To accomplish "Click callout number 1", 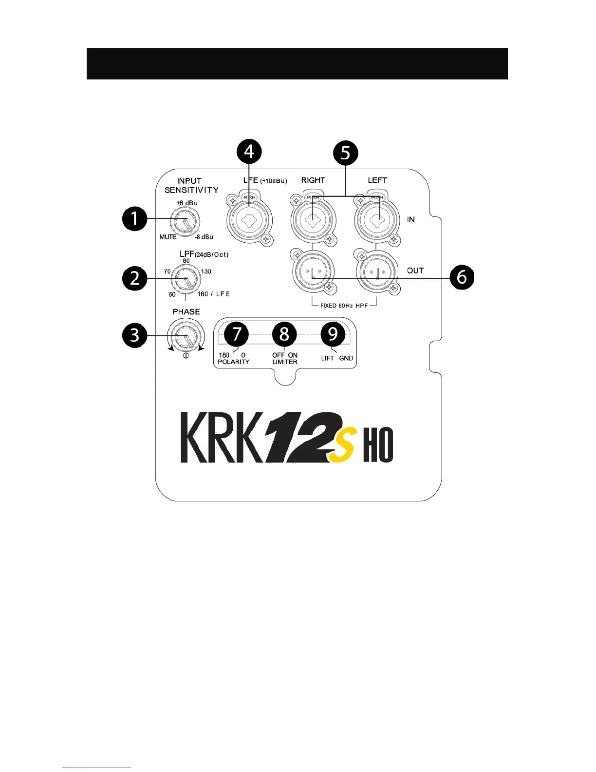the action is pyautogui.click(x=134, y=218).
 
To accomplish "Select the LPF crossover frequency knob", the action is pyautogui.click(x=186, y=280).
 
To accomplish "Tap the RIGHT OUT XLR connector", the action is pyautogui.click(x=312, y=271).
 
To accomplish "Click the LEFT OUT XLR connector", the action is pyautogui.click(x=377, y=271).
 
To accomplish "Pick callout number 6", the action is pyautogui.click(x=461, y=277).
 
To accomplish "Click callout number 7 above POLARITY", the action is pyautogui.click(x=237, y=334).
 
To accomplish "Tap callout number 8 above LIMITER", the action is pyautogui.click(x=284, y=334).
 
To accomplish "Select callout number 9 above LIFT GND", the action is pyautogui.click(x=333, y=334).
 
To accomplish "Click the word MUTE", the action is pyautogui.click(x=168, y=237).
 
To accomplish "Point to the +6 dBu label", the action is pyautogui.click(x=187, y=203).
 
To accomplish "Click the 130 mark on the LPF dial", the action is pyautogui.click(x=206, y=271).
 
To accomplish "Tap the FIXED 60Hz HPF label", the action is pyautogui.click(x=344, y=306).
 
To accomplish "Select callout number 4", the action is pyautogui.click(x=249, y=152).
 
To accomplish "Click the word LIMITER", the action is pyautogui.click(x=285, y=362).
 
